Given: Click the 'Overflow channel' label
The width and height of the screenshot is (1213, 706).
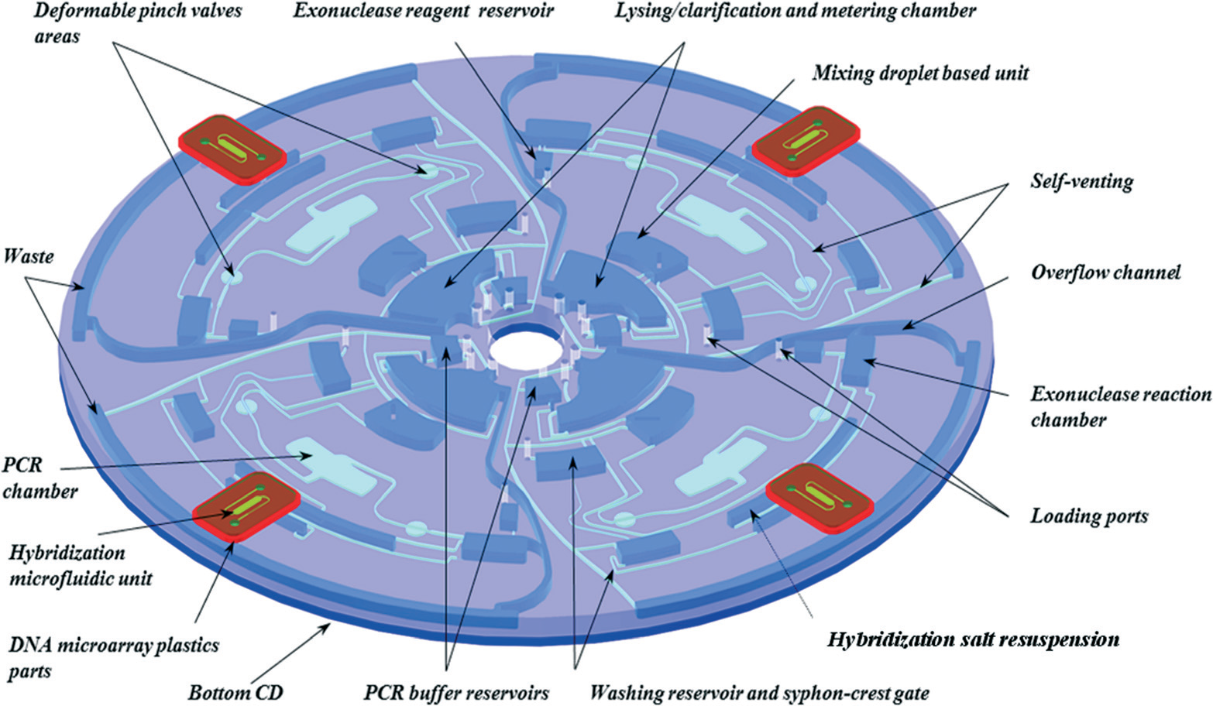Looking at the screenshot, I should click(x=1105, y=272).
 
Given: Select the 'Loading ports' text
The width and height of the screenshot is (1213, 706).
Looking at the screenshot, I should click(x=1088, y=516).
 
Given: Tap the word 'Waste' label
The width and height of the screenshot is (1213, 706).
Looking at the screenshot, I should click(x=29, y=255).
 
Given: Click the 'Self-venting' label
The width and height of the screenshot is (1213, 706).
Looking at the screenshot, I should click(x=1081, y=181).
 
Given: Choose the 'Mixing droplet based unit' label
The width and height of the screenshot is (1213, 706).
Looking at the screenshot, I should click(x=920, y=73).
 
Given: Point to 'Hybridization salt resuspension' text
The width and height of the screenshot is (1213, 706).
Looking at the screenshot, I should click(x=973, y=639).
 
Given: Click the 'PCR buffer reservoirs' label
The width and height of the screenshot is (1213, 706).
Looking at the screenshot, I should click(x=456, y=692).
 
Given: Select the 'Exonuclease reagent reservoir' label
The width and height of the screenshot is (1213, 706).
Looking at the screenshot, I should click(x=424, y=12).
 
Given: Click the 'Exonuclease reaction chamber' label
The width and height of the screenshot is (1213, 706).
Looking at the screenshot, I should click(x=1120, y=406).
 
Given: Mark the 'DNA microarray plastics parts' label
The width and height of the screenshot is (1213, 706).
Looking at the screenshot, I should click(x=113, y=657).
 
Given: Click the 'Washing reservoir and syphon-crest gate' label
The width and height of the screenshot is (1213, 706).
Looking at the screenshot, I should click(x=759, y=692).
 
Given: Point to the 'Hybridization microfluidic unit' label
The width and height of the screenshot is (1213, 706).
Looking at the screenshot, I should click(x=81, y=565).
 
